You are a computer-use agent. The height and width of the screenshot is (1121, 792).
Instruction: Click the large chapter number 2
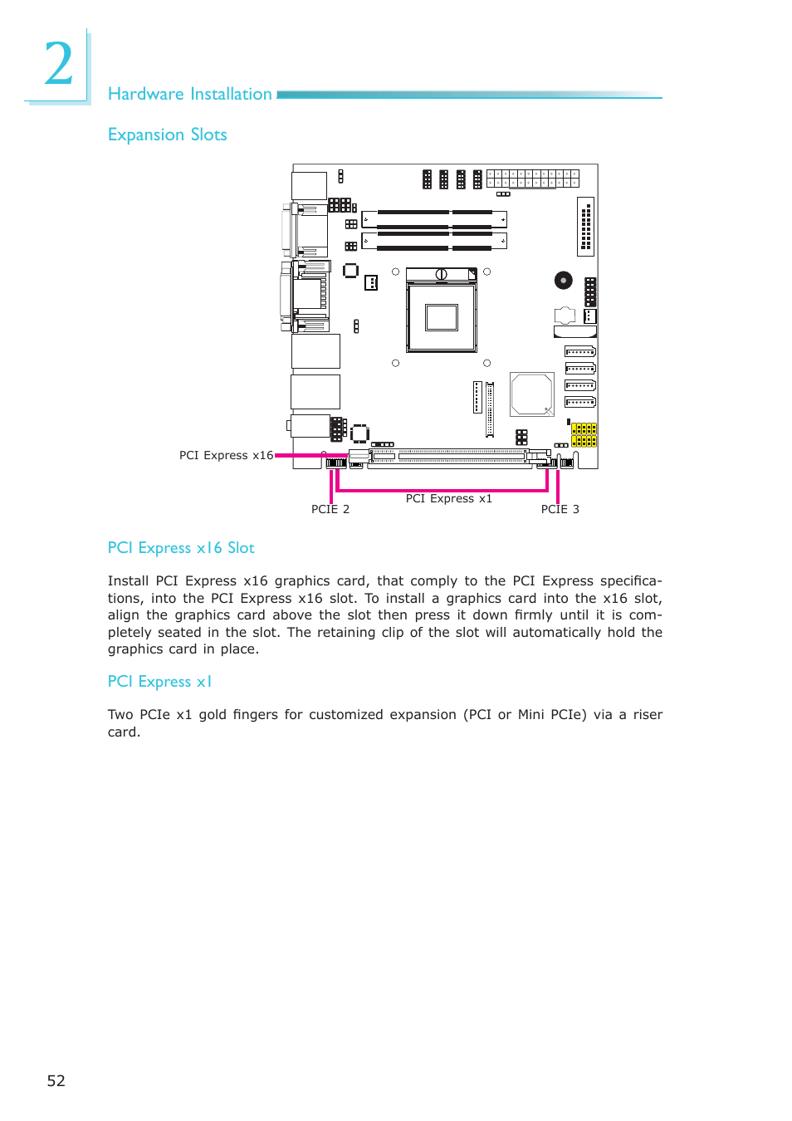pos(58,65)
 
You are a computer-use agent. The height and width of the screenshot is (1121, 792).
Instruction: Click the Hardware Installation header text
pos(190,94)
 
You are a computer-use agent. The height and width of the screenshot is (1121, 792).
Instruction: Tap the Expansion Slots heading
pos(167,135)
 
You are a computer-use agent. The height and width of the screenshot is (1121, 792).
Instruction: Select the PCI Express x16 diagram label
pos(226,455)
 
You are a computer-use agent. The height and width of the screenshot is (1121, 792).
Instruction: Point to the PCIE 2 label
pos(330,509)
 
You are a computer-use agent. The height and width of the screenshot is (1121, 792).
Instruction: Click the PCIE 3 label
pos(560,509)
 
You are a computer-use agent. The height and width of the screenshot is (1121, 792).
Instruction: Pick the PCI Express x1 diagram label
pos(449,498)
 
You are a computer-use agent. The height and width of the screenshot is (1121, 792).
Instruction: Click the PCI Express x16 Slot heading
pos(181,548)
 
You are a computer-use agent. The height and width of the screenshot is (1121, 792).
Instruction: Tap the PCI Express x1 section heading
pos(159,682)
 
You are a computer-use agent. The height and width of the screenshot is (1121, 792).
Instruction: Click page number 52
pos(56,1080)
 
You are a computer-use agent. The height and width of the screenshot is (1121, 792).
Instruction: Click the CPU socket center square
pos(441,317)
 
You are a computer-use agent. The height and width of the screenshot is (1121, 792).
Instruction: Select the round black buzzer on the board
pos(564,280)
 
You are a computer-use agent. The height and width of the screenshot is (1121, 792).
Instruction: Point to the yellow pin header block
pos(584,434)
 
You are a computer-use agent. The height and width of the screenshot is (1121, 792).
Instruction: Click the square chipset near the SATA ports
pos(532,394)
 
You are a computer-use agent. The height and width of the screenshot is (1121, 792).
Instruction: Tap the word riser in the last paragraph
pos(648,714)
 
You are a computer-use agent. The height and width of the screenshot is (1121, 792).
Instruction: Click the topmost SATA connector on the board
pos(580,352)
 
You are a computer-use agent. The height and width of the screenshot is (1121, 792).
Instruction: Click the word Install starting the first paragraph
pos(128,581)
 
